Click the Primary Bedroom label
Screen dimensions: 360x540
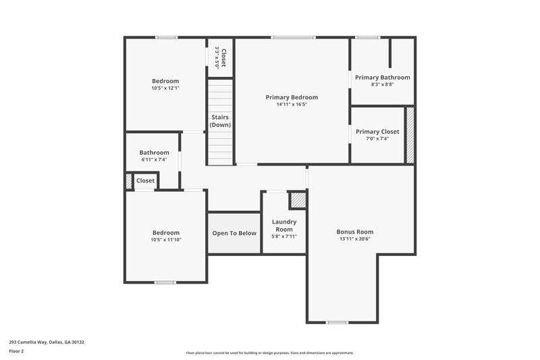[292, 97]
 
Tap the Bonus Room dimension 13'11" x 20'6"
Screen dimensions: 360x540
[355, 238]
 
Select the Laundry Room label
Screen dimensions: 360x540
[284, 225]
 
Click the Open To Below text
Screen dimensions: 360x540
[234, 233]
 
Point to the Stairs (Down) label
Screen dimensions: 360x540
[220, 121]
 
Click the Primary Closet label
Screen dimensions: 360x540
[377, 132]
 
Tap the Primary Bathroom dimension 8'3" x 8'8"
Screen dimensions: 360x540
[382, 84]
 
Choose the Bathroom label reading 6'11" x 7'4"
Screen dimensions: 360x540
[154, 159]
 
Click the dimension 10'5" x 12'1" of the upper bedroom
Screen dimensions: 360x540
[165, 88]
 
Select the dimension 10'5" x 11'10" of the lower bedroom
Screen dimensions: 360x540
[165, 239]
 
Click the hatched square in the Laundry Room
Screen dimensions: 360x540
[297, 200]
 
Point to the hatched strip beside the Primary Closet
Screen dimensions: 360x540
[409, 134]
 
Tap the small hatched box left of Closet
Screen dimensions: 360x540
[128, 181]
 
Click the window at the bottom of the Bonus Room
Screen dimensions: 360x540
[336, 322]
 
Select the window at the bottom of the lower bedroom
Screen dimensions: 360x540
[165, 282]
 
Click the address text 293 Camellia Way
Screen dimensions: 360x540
[47, 342]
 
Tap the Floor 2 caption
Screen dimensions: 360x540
[17, 351]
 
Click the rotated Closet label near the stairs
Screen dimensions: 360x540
[220, 57]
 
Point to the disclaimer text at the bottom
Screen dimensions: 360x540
[269, 353]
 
